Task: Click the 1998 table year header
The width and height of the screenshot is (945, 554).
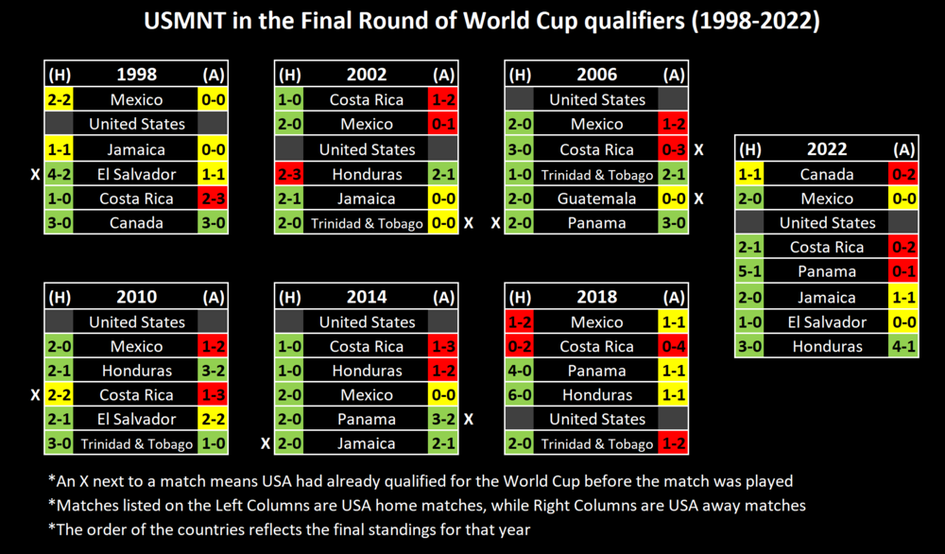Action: (x=136, y=75)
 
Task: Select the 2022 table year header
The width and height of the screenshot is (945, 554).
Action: (x=827, y=149)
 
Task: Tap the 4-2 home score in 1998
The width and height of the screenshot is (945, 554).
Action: (x=58, y=174)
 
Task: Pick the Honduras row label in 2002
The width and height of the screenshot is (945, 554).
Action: (x=367, y=174)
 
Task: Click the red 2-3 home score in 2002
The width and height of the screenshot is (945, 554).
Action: (x=288, y=174)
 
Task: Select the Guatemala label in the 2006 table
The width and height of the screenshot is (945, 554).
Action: (x=597, y=199)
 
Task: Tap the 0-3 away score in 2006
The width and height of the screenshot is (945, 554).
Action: (x=673, y=149)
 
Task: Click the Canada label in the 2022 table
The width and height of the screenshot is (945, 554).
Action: (x=827, y=174)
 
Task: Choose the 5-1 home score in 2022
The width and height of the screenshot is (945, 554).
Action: (x=749, y=272)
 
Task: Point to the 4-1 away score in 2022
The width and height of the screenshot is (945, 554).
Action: (x=904, y=346)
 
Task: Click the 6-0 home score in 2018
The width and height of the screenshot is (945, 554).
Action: (x=519, y=395)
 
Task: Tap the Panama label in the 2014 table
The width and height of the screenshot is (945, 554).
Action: (x=367, y=419)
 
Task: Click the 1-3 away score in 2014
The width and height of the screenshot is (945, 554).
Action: (x=442, y=346)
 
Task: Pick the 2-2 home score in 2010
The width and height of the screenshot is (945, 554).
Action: (x=58, y=395)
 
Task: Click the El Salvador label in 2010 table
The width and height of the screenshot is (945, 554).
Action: (x=136, y=419)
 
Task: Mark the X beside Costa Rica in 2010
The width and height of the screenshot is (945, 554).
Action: (x=35, y=395)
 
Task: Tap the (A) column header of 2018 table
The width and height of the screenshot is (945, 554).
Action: (x=673, y=297)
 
